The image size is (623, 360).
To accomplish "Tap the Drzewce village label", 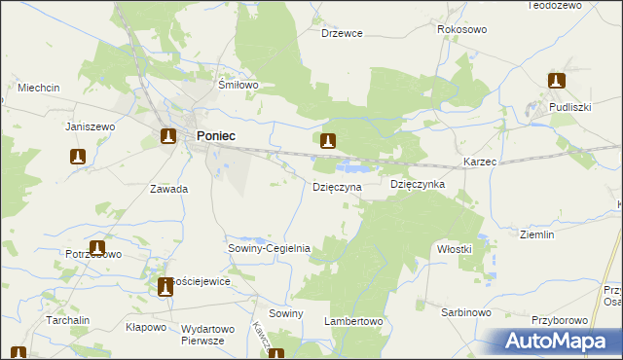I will click(342, 33).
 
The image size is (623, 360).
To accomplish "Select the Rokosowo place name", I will click(461, 30).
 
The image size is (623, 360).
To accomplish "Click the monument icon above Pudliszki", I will click(557, 81).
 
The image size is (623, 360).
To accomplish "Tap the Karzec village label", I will click(480, 161).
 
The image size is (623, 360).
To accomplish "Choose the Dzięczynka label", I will click(418, 184).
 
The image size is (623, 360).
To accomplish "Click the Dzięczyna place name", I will click(337, 186).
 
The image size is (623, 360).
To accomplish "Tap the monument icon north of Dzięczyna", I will click(329, 141).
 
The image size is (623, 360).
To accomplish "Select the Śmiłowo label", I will click(238, 86).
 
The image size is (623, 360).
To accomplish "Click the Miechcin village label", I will click(39, 88).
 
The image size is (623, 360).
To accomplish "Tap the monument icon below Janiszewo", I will click(79, 156).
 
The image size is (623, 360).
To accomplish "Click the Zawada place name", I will click(168, 189).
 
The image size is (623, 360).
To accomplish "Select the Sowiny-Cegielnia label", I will click(269, 248).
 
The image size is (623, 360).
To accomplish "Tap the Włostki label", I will click(454, 249).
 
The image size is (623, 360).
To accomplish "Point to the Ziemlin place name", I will click(536, 234).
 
